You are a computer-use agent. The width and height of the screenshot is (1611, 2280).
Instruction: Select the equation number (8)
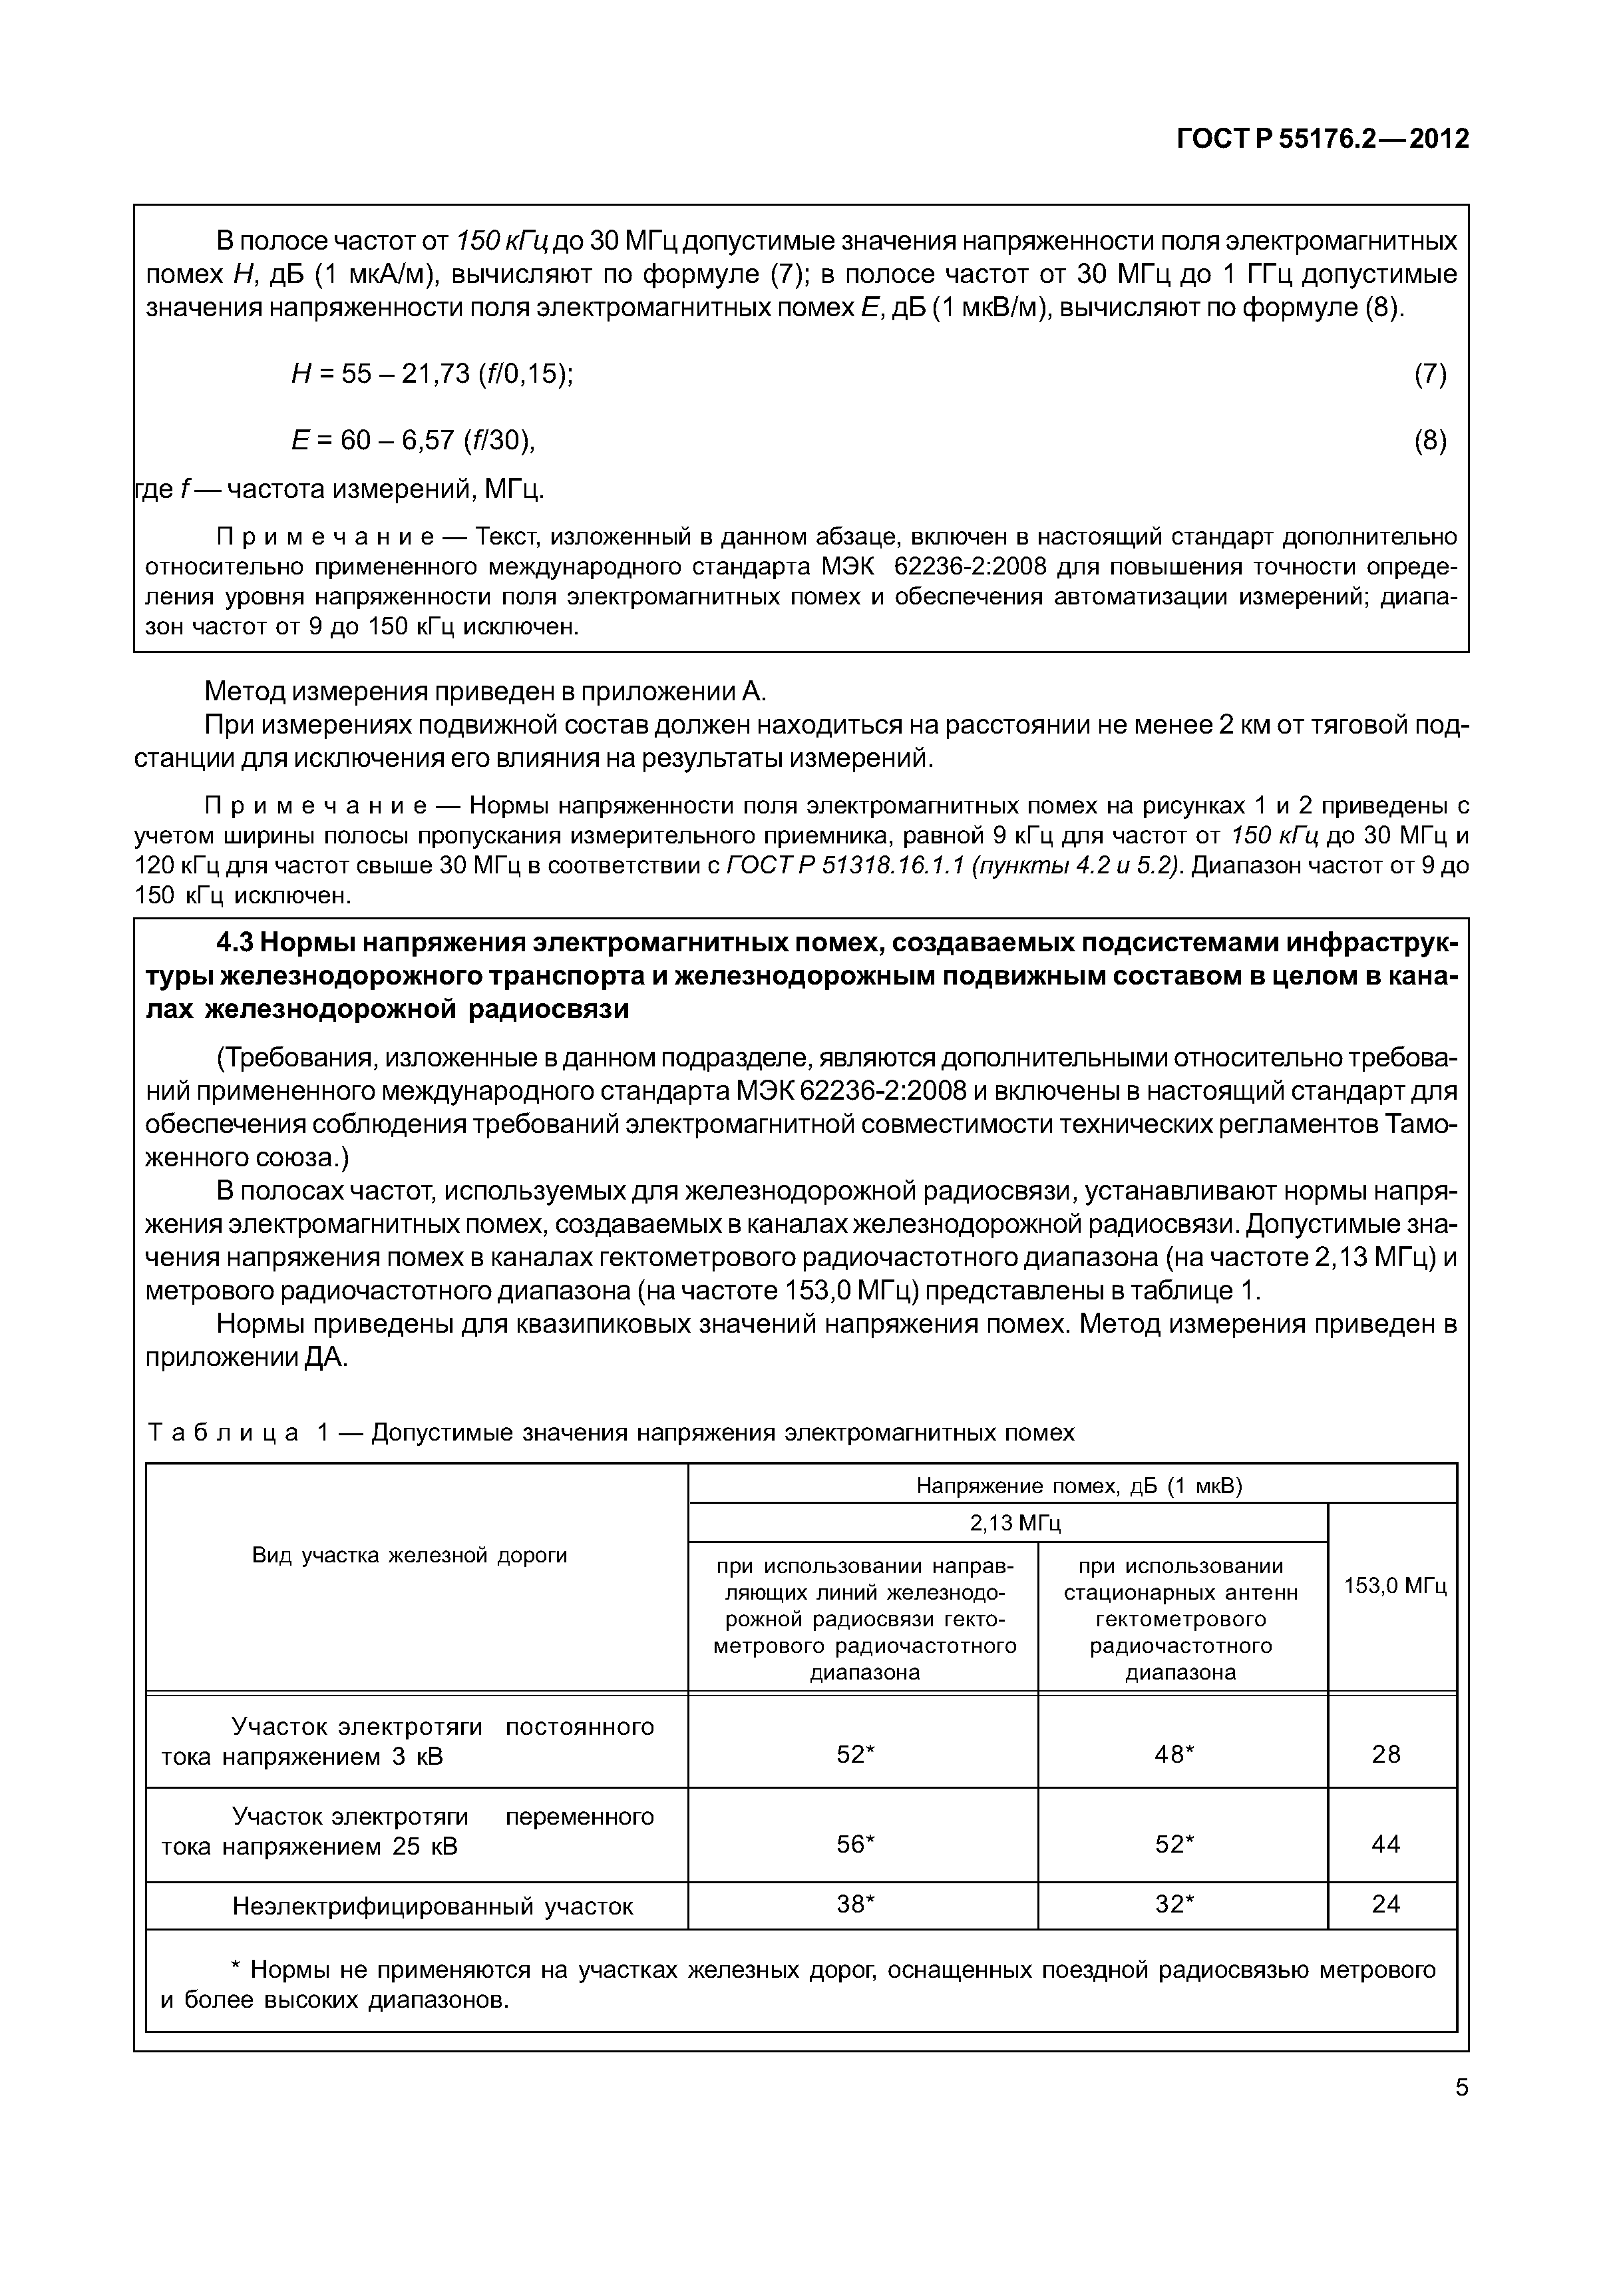click(1429, 440)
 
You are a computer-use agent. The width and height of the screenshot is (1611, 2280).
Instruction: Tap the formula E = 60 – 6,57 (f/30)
click(413, 440)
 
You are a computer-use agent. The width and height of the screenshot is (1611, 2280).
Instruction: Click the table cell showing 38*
click(856, 1904)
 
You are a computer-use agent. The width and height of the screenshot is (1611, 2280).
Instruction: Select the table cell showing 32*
click(1174, 1904)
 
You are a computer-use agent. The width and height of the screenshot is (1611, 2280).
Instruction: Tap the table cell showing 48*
click(1174, 1755)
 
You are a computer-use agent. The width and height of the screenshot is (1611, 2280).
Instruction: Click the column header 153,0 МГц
click(1395, 1586)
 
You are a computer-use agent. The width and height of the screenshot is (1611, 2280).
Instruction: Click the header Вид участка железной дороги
click(409, 1555)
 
